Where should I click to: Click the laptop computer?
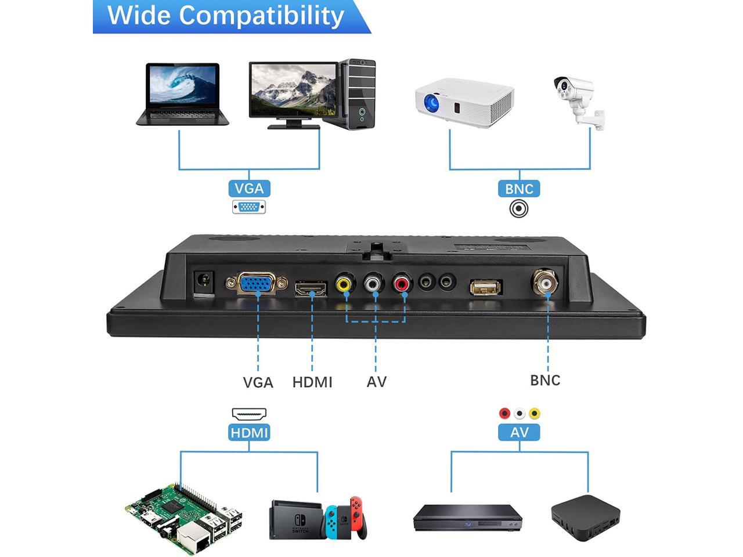(x=182, y=94)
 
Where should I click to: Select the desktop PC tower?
(x=358, y=94)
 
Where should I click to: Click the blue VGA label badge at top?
(x=249, y=189)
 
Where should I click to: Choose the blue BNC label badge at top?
(x=519, y=189)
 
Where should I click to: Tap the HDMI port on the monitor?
(x=311, y=288)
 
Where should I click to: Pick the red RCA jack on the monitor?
(x=402, y=284)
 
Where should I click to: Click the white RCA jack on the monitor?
(x=374, y=284)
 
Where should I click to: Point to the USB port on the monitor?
(x=486, y=287)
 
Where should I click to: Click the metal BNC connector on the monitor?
(x=547, y=284)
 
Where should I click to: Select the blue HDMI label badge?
(x=250, y=432)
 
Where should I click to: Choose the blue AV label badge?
(x=519, y=432)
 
